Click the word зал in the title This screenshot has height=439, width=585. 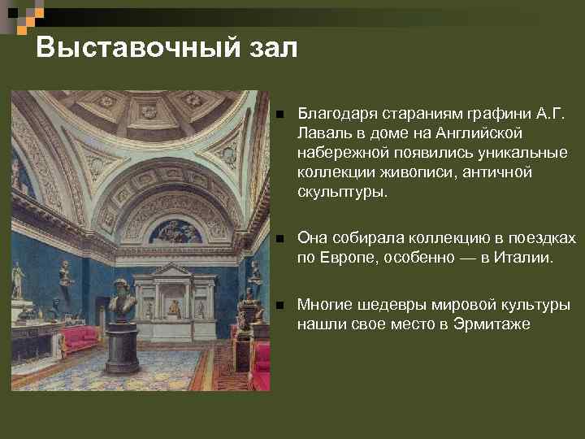pyautogui.click(x=270, y=47)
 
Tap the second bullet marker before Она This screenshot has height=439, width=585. pyautogui.click(x=279, y=238)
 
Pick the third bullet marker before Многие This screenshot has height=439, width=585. pyautogui.click(x=279, y=306)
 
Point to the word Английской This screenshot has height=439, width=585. pyautogui.click(x=479, y=132)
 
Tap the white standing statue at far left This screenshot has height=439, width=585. pyautogui.click(x=18, y=280)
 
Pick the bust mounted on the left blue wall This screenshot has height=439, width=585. pyautogui.click(x=65, y=273)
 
